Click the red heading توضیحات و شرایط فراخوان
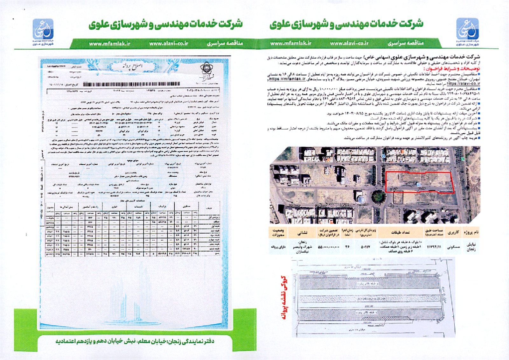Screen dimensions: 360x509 tap(451, 69)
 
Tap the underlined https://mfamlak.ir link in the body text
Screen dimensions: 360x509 tap(287, 79)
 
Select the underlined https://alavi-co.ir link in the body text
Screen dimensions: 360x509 tap(463, 84)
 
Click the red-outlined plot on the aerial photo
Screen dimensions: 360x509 tap(419, 181)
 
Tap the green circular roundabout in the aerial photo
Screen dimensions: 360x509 tap(378, 196)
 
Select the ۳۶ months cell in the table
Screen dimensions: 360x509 tap(347, 247)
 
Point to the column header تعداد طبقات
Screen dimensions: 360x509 tap(400, 232)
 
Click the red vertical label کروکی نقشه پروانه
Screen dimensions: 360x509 tap(283, 298)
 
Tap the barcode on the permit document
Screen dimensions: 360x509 tap(131, 84)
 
